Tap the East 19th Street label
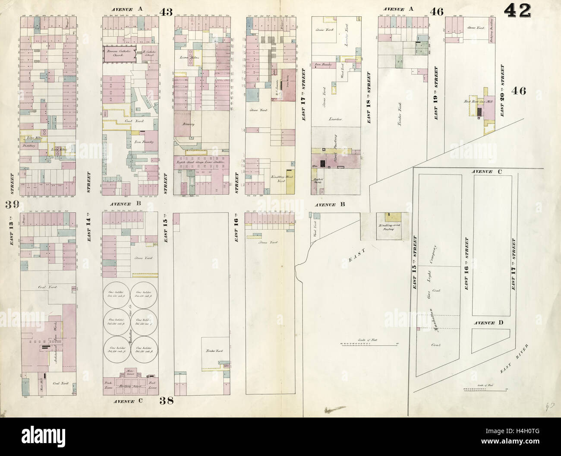tap(436, 93)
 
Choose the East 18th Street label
tap(369, 98)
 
